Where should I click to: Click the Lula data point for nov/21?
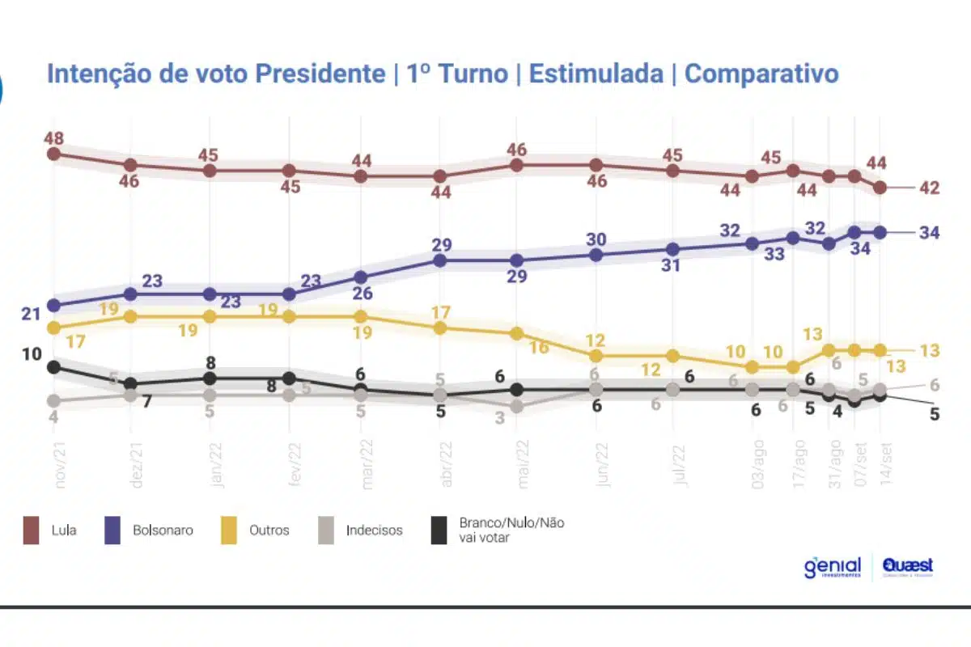click(54, 154)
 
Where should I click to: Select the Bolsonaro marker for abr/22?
click(440, 260)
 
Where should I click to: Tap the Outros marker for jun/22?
click(596, 356)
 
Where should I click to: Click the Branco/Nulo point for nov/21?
click(54, 367)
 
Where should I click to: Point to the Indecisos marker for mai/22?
click(518, 407)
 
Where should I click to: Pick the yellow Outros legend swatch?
click(230, 531)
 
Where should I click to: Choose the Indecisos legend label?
click(374, 531)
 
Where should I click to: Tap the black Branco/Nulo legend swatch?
click(439, 531)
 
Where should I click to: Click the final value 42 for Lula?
click(929, 188)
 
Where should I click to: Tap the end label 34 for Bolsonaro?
click(929, 233)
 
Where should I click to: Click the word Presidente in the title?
click(320, 74)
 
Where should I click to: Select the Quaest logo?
click(908, 566)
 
